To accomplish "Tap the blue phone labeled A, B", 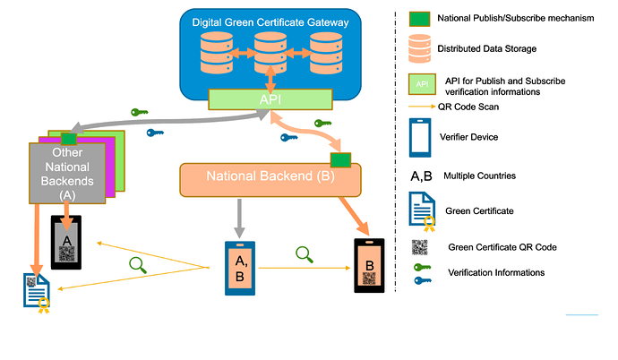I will click(x=240, y=268).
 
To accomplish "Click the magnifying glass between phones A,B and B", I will click(x=305, y=255).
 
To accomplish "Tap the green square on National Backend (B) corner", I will click(x=340, y=159).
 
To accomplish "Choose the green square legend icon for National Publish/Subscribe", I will click(x=419, y=18).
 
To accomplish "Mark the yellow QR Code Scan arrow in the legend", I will click(x=418, y=106).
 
